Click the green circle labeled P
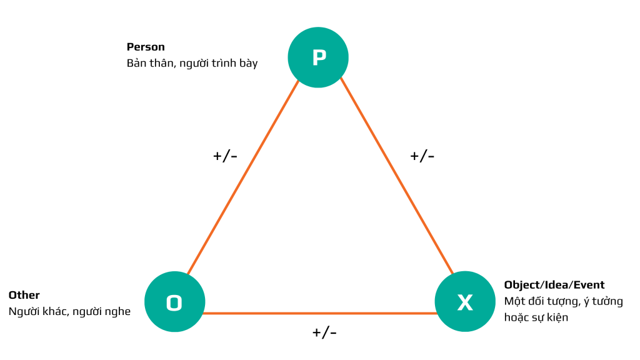[318, 57]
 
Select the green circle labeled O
[175, 302]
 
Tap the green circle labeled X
[465, 302]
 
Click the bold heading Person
[146, 47]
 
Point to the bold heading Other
[24, 295]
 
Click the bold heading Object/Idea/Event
[554, 285]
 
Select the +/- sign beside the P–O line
[225, 156]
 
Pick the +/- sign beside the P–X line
[422, 156]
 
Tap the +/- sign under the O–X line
[324, 332]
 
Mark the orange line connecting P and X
[397, 176]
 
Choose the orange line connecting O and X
[320, 314]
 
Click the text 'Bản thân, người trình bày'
[192, 63]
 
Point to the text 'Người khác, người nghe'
[70, 311]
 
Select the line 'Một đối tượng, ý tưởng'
[564, 301]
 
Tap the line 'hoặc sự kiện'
[536, 317]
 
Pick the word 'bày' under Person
[249, 64]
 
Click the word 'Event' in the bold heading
[589, 285]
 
